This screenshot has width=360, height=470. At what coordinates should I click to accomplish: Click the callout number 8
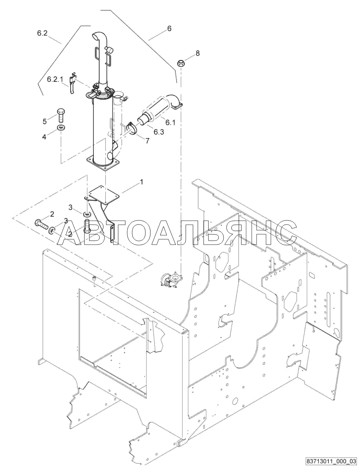[198, 53]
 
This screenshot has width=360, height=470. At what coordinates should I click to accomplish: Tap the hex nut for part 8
[181, 63]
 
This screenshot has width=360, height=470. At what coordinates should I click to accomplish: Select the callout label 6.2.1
[54, 79]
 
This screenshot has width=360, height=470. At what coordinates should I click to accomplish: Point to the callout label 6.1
[170, 122]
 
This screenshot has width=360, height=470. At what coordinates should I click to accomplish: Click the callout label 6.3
[158, 132]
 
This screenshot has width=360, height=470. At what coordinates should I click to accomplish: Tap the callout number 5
[44, 121]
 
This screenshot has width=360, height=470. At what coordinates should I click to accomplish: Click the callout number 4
[44, 136]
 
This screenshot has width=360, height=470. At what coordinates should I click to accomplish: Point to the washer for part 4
[61, 128]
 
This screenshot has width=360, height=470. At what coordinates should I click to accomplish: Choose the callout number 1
[141, 181]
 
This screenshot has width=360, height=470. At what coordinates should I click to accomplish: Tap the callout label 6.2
[42, 34]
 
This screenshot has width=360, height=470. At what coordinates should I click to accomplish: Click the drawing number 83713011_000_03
[331, 461]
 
